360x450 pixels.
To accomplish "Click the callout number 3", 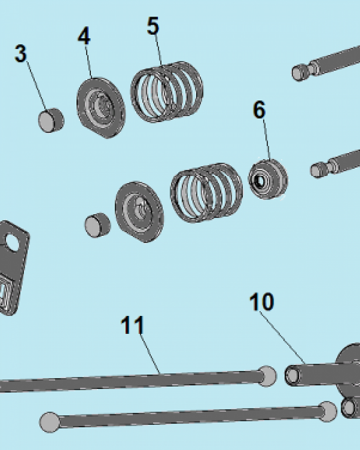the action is coord(21,54).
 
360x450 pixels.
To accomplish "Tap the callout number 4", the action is coord(84,35).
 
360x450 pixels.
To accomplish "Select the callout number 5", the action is coord(153,26).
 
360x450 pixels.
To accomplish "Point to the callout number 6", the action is coord(259,109).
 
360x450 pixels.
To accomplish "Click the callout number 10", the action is coord(261,301).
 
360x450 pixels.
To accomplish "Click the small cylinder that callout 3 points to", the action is coord(51,120).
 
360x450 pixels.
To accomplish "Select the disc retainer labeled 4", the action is coord(101,108).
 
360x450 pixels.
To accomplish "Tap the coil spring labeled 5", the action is coord(167,92).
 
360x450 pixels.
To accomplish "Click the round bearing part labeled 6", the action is coord(268,179).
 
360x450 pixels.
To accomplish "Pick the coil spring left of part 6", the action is coord(207,193).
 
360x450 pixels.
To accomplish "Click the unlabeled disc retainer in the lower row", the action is coord(139,212).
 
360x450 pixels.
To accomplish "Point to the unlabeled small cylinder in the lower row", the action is coord(98,225).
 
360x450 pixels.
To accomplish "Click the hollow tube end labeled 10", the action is coord(293,375).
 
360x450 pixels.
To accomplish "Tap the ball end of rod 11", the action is coord(267,376).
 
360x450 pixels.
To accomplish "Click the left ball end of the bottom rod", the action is coord(49,422).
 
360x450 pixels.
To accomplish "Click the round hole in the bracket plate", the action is coord(12,243).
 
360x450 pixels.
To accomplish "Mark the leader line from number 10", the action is coord(282,337).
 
